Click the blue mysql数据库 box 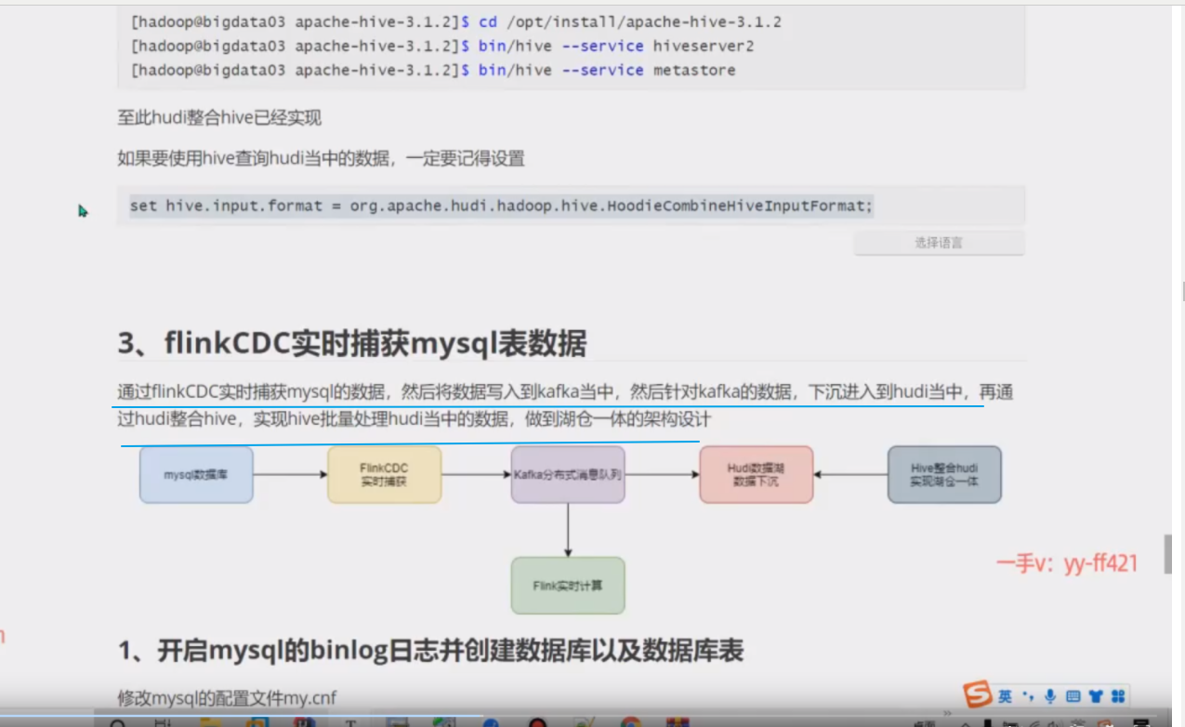point(196,475)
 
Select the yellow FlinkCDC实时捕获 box point(384,475)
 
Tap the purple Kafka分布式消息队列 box point(568,475)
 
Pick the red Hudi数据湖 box point(756,475)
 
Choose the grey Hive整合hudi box point(944,475)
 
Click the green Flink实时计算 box point(568,586)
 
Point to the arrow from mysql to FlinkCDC point(290,475)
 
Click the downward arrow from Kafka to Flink point(568,530)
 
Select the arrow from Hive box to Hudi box point(850,475)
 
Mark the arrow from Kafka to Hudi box point(662,475)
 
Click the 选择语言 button point(939,243)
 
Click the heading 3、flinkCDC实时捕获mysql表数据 point(351,344)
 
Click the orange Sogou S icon point(978,694)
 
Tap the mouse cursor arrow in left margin point(82,210)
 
